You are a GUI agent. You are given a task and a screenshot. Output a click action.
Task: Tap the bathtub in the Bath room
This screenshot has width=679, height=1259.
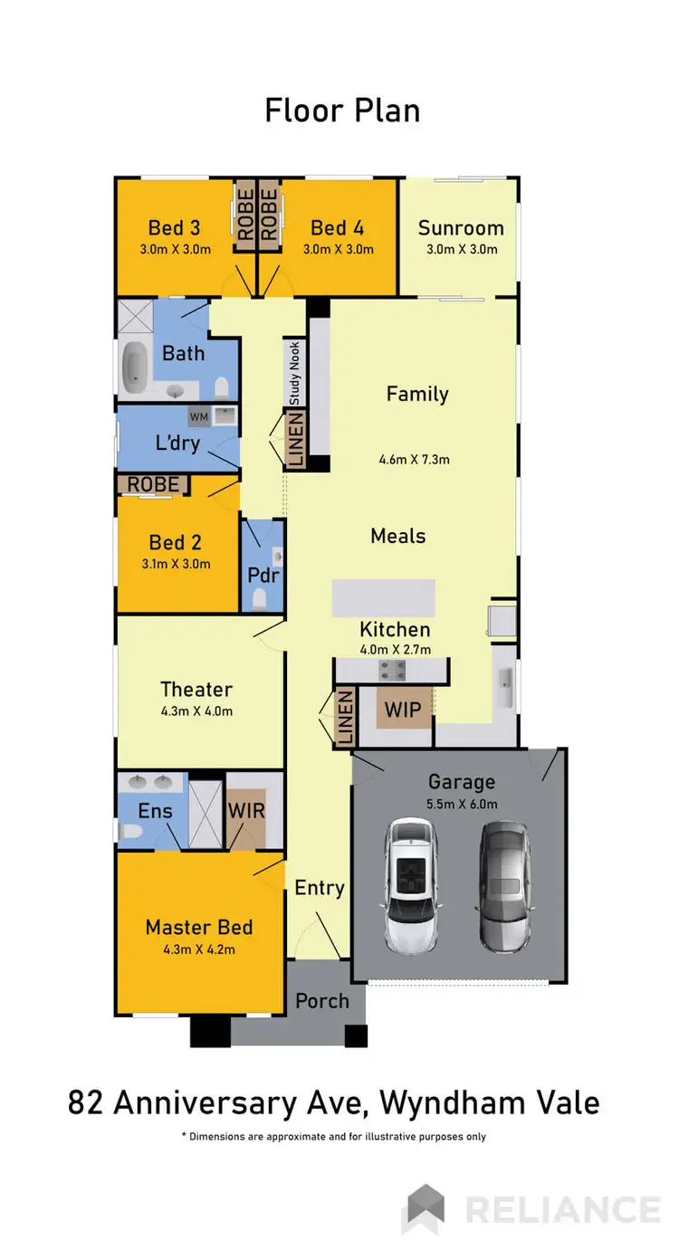(136, 367)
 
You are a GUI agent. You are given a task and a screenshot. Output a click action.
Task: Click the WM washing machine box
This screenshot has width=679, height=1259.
(198, 416)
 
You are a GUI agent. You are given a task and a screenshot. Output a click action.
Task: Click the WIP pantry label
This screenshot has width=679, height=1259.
(403, 710)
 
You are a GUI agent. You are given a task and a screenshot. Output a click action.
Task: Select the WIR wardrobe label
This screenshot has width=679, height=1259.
(246, 809)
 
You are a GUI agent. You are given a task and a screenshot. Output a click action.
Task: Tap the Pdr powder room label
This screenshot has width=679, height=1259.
(262, 575)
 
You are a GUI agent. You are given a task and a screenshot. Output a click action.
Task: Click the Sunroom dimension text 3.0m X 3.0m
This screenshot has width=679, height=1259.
(461, 250)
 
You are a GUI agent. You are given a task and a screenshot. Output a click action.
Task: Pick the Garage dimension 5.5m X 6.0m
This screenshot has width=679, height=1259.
(461, 804)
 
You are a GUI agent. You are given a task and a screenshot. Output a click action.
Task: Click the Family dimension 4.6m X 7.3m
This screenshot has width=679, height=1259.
(414, 460)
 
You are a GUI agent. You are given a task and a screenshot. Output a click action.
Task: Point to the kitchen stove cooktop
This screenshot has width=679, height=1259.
(392, 670)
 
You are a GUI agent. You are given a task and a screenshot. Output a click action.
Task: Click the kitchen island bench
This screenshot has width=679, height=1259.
(383, 598)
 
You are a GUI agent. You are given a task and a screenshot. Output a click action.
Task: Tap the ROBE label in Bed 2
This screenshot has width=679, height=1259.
(152, 484)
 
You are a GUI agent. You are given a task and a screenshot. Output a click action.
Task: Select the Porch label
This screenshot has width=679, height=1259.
(322, 1000)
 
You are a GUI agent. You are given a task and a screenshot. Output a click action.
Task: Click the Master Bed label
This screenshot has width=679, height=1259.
(198, 927)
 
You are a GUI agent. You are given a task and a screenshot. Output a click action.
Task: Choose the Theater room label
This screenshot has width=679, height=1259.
(196, 689)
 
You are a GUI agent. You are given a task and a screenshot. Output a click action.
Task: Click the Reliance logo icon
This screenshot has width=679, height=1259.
(426, 1209)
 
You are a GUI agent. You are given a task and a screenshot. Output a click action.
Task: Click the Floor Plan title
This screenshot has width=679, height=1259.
(342, 110)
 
